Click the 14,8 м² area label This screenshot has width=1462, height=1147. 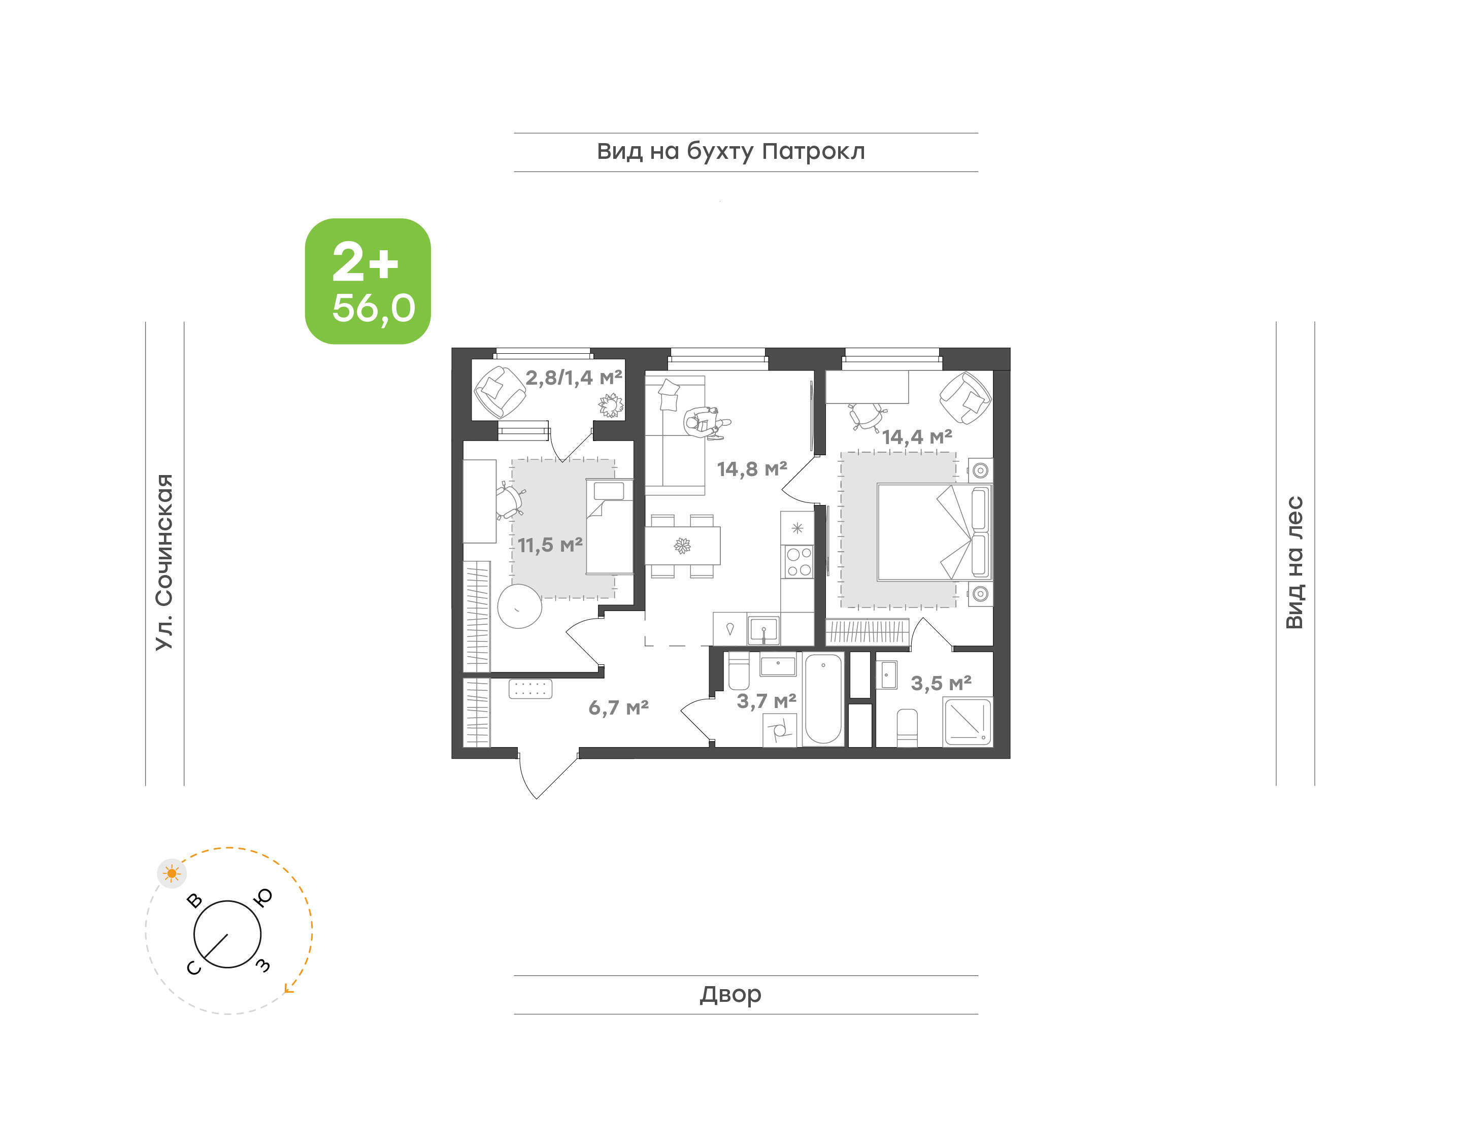(x=751, y=469)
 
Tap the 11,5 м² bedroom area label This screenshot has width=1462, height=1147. (x=550, y=545)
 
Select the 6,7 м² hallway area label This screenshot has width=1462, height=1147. (x=618, y=707)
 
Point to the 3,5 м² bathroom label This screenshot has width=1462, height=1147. (x=941, y=683)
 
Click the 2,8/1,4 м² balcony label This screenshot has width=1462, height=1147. (x=574, y=378)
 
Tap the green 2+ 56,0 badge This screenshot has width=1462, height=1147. (x=368, y=281)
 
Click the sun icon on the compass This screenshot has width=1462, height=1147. (x=172, y=873)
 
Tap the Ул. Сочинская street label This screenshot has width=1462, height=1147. (x=164, y=562)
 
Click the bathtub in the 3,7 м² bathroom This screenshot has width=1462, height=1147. (x=823, y=699)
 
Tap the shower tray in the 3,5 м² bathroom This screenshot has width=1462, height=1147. (x=968, y=722)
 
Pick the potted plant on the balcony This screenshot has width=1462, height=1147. (x=611, y=405)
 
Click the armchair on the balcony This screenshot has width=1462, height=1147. (x=500, y=391)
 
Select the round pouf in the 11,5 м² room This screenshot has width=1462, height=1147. (x=519, y=606)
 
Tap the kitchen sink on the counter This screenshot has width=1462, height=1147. (x=763, y=630)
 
